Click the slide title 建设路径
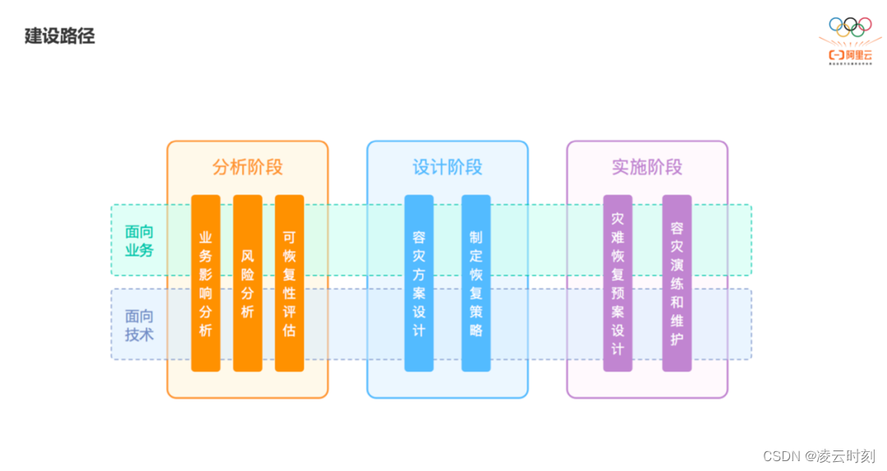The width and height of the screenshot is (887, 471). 60,37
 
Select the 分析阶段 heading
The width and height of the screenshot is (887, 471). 247,167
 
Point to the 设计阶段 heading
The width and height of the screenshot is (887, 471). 447,167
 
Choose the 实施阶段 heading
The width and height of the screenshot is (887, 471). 646,167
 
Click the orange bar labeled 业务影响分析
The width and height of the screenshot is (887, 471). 205,283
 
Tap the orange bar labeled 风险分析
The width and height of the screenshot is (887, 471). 247,283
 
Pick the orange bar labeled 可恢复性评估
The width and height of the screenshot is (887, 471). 289,283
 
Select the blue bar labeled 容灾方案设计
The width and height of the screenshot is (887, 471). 419,283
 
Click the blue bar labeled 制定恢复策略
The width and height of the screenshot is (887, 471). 476,283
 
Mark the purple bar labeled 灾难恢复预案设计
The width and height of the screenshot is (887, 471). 618,283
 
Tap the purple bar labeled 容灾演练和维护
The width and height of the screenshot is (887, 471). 677,283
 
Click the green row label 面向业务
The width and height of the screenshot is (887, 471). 139,241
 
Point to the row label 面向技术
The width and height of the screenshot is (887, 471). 139,325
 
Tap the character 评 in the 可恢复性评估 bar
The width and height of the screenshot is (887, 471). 289,312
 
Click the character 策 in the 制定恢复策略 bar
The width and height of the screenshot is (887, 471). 476,312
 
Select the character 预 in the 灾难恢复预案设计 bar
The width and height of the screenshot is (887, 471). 618,293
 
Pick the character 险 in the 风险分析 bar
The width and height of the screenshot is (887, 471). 247,274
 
